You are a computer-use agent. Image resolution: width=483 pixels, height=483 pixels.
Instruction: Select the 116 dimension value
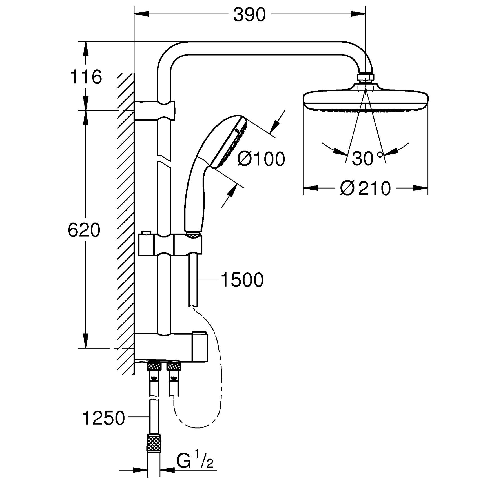pos(86,77)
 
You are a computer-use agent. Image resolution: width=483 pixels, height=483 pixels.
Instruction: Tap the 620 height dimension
pos(84,230)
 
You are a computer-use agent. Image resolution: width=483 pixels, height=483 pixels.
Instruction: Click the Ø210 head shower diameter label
pos(365,188)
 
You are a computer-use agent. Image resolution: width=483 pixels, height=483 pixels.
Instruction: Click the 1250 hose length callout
pos(103,418)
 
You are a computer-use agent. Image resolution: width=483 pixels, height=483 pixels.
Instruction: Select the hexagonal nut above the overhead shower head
pos(365,77)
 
